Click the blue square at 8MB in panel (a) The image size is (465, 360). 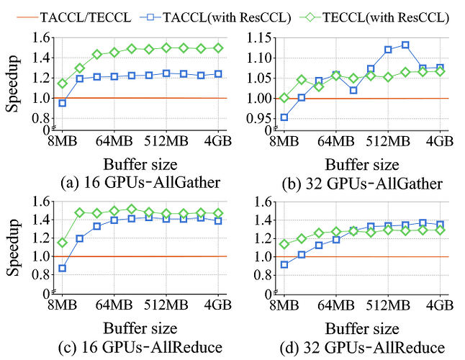coord(63,103)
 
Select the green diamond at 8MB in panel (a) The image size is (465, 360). coord(63,83)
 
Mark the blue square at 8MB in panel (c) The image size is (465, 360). coord(63,268)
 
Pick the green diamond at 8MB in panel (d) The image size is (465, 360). coord(284,243)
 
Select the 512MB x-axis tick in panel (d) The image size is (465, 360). coord(388,305)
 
